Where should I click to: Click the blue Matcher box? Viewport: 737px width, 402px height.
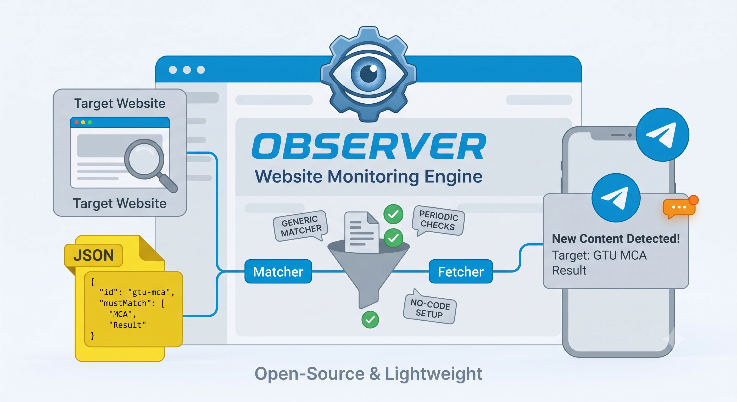[x=278, y=271]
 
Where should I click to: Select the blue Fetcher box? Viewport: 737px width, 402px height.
[x=461, y=271]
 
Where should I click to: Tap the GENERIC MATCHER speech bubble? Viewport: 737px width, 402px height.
[x=301, y=226]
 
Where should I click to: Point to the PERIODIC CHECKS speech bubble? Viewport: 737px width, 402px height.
[x=438, y=220]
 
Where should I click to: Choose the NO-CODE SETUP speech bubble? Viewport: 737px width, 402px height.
[x=430, y=307]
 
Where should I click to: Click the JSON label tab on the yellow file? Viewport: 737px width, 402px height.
[x=93, y=255]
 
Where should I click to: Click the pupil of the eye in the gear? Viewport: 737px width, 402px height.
[x=368, y=74]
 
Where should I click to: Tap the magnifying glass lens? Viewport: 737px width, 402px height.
[x=144, y=159]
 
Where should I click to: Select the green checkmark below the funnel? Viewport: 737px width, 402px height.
[x=370, y=319]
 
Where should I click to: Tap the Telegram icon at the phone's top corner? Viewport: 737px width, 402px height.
[x=662, y=135]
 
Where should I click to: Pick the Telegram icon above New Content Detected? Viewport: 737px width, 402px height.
[x=616, y=197]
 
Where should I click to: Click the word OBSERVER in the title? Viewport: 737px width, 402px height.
[x=369, y=146]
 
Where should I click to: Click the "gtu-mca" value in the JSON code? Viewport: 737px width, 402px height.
[x=151, y=292]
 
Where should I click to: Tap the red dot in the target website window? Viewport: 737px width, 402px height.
[x=76, y=122]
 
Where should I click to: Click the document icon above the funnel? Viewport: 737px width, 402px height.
[x=362, y=232]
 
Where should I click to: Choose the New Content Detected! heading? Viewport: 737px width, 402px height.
[x=616, y=239]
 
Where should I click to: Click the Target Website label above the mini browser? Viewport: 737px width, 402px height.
[x=120, y=103]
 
